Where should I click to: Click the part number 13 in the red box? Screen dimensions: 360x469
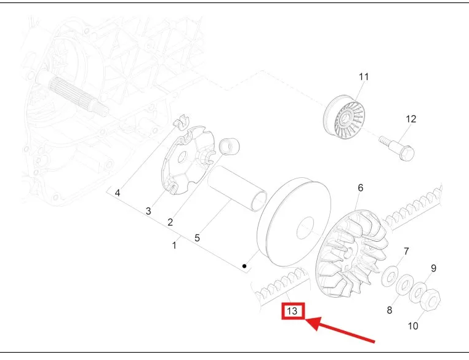click(x=294, y=311)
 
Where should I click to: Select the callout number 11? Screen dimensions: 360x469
click(x=364, y=77)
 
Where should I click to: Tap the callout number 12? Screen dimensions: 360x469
click(x=411, y=119)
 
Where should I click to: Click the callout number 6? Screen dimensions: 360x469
click(x=361, y=188)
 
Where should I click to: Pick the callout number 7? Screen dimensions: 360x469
click(x=406, y=251)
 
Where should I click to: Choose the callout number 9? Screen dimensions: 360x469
click(x=433, y=268)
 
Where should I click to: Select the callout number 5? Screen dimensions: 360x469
click(x=197, y=237)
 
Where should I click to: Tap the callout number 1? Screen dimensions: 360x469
click(x=174, y=246)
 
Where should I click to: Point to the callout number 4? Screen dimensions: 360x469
click(x=118, y=193)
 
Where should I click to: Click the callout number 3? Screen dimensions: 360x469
click(x=148, y=211)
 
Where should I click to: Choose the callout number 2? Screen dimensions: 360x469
click(x=170, y=222)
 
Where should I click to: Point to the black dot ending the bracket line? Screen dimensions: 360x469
click(x=244, y=266)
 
